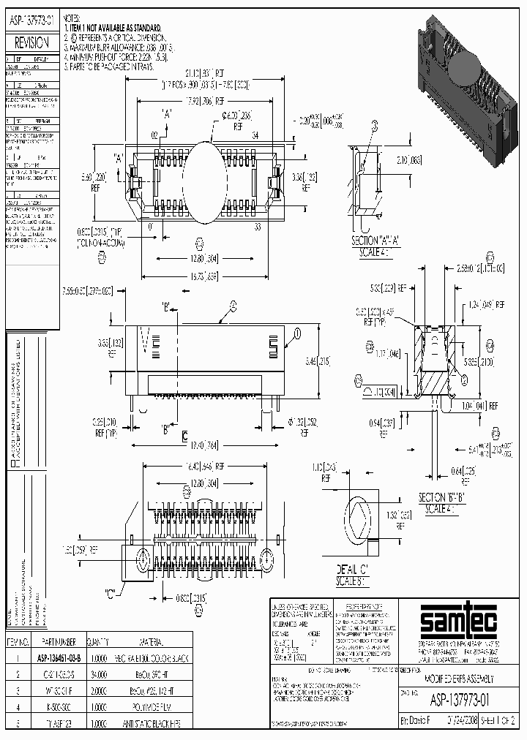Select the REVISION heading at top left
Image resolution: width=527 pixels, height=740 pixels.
[32, 43]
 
